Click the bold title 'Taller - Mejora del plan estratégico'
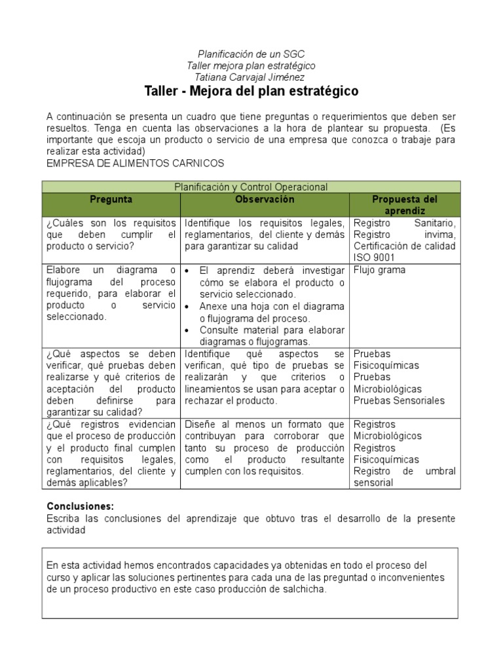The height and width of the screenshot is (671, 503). [x=251, y=90]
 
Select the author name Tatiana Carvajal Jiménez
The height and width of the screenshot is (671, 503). [x=251, y=77]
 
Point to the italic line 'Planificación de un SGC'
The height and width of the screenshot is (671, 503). [x=251, y=54]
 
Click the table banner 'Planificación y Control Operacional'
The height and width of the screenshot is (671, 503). [x=251, y=187]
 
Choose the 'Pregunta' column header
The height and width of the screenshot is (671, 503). [x=111, y=199]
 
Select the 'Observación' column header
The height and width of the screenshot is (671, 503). [x=265, y=199]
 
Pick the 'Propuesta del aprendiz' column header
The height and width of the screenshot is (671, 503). [x=405, y=204]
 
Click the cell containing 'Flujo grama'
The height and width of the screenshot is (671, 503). [x=379, y=269]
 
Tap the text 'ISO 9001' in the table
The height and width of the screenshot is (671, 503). [x=373, y=258]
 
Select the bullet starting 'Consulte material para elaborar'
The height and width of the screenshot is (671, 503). [x=272, y=335]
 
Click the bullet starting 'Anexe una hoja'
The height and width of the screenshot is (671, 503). [x=272, y=312]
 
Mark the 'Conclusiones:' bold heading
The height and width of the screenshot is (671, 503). [x=81, y=507]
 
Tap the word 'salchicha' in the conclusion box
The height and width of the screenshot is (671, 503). [x=303, y=589]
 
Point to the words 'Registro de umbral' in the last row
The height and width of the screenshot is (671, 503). [x=404, y=471]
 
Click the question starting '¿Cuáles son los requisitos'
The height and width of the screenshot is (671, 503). [x=111, y=235]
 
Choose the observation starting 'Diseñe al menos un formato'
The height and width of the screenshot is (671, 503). [x=264, y=448]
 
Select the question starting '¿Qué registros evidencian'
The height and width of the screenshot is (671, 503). [x=111, y=453]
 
